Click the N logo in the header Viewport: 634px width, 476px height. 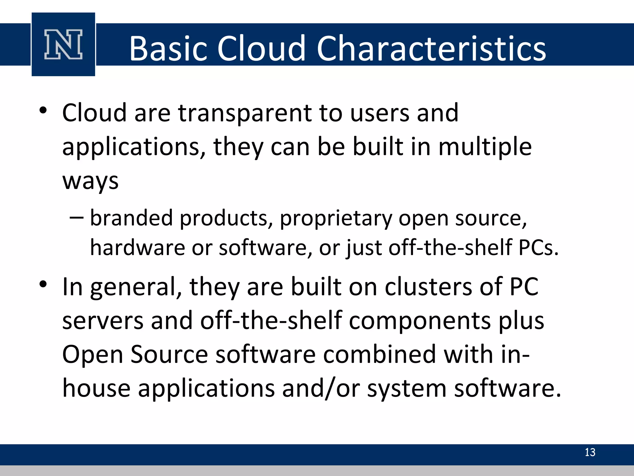coord(63,44)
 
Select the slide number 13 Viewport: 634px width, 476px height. coord(590,452)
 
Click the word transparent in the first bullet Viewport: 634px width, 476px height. coord(245,113)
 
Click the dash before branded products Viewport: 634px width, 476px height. coord(76,218)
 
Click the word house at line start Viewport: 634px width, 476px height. coord(96,388)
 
